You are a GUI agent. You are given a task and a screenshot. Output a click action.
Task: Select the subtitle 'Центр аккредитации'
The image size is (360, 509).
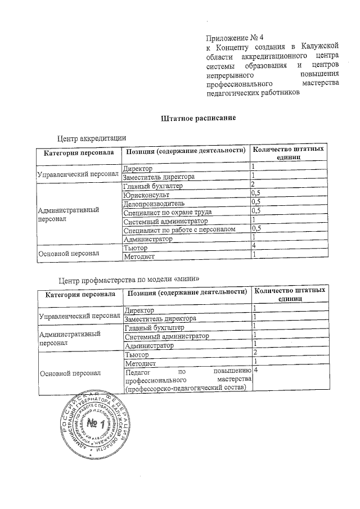pos(91,138)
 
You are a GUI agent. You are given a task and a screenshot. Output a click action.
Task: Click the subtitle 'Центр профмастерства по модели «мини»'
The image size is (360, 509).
pos(130,280)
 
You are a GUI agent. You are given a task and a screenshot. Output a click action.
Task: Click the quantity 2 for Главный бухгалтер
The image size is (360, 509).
pos(254,185)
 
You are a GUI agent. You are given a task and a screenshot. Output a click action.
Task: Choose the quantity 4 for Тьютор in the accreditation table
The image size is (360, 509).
pos(255,246)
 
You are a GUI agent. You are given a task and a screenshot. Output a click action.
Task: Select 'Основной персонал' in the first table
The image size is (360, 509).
pos(68,253)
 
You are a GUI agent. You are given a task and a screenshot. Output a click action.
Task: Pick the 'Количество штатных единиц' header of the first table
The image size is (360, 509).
pos(288,154)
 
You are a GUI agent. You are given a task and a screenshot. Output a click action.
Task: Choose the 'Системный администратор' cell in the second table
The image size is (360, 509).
pos(167,336)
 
